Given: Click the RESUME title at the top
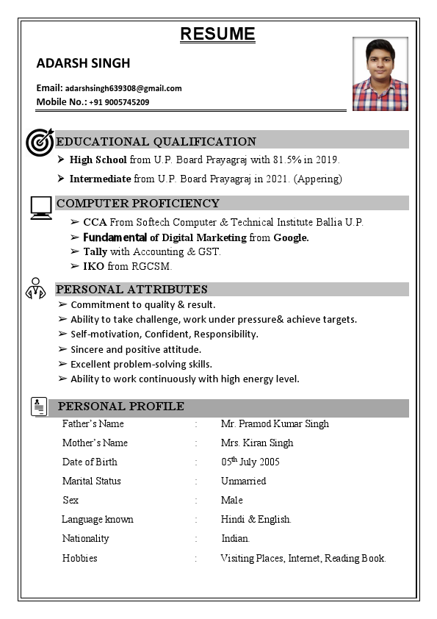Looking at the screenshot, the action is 217,34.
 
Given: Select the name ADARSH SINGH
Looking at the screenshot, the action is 83,62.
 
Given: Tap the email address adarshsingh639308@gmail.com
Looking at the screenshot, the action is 123,88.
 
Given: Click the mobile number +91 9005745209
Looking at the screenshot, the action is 119,102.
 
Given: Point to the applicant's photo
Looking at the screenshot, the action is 380,74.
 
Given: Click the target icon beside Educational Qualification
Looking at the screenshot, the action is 40,142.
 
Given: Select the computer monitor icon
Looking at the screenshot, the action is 41,208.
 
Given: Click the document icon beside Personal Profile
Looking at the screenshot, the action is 40,406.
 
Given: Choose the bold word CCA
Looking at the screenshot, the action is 95,222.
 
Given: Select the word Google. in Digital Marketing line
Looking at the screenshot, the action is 291,237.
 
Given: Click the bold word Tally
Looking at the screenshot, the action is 95,251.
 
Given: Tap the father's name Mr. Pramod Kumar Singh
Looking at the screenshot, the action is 275,423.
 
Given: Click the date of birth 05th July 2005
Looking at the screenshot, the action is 250,462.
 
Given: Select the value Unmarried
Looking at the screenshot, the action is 243,481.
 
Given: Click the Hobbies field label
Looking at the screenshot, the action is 79,558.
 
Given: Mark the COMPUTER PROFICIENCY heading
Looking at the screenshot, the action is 138,203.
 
